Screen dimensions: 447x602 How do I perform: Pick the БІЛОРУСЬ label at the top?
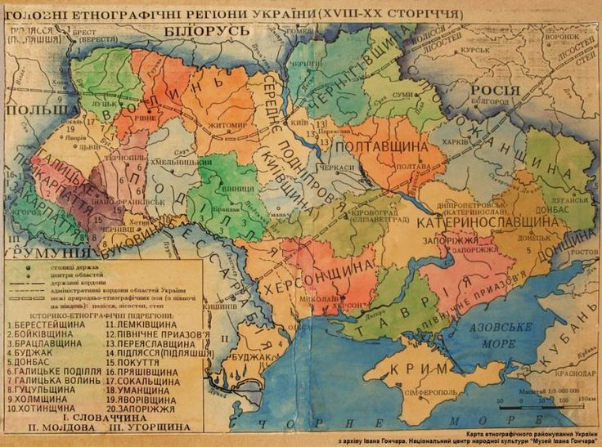212,30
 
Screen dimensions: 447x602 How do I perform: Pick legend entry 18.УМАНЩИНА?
139,390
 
